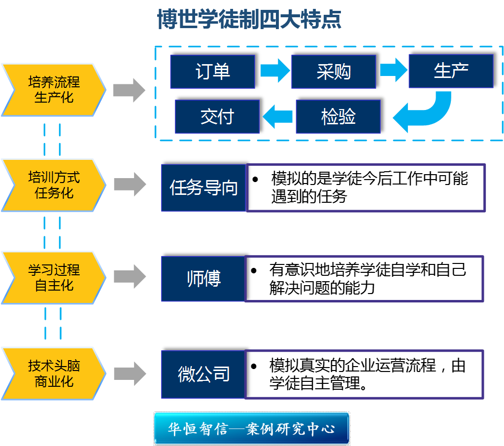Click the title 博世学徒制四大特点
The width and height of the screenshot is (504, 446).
[x=249, y=20]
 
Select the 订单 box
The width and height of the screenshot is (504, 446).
[x=212, y=72]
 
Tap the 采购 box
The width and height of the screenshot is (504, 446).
[x=334, y=72]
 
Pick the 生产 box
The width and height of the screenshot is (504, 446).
[x=451, y=71]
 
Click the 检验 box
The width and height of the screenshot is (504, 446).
[x=338, y=117]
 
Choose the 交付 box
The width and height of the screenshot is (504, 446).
[x=217, y=117]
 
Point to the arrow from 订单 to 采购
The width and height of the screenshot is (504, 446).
[x=275, y=72]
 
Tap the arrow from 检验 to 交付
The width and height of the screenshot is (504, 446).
[x=278, y=117]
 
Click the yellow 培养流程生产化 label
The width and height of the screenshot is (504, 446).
[x=53, y=90]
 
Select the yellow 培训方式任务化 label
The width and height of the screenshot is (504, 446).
[x=53, y=185]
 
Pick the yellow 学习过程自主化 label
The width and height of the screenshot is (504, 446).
[x=53, y=278]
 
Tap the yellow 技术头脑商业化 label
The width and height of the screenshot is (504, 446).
[x=53, y=373]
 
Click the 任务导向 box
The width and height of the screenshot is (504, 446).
[x=203, y=188]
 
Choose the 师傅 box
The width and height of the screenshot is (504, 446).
[x=203, y=279]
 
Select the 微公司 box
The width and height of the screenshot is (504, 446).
[x=203, y=374]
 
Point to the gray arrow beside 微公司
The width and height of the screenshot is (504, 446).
[x=130, y=373]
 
